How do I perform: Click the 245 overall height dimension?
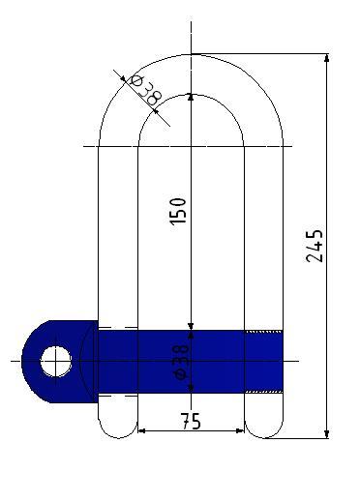[x=314, y=246]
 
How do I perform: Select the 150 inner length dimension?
[x=178, y=211]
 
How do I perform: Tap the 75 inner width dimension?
[x=191, y=421]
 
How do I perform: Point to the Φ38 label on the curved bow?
[x=145, y=90]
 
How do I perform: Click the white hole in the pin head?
[x=56, y=362]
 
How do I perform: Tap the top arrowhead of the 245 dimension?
[x=327, y=58]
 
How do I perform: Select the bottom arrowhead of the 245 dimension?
[x=327, y=434]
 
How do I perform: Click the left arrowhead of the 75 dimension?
[x=142, y=430]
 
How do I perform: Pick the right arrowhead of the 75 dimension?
[x=240, y=430]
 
